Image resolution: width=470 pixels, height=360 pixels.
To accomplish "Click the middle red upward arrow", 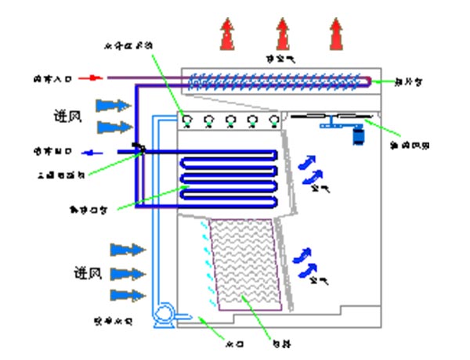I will click(x=282, y=34).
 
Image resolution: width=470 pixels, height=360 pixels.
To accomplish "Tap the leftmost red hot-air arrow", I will click(x=226, y=34).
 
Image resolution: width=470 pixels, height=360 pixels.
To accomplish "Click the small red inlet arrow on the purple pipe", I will click(x=93, y=77).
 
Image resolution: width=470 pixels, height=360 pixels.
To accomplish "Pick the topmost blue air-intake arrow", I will click(x=114, y=104).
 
